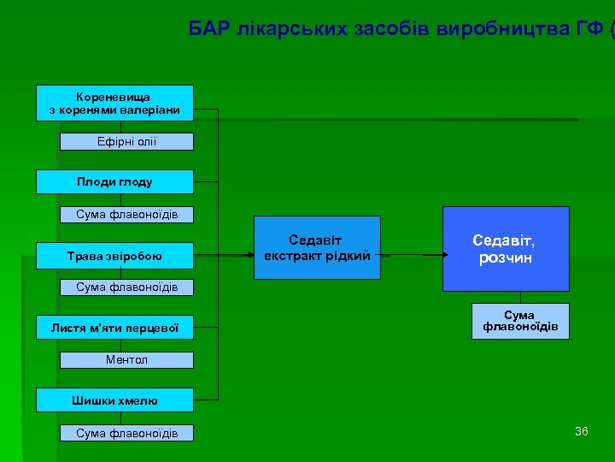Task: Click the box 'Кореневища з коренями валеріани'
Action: (115, 103)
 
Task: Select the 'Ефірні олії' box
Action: (126, 141)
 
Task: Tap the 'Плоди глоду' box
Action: (115, 181)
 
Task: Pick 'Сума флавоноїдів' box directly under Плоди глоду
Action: (126, 214)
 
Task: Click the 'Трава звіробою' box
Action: (115, 255)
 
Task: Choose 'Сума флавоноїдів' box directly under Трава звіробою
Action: (126, 287)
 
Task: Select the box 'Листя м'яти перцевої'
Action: (115, 326)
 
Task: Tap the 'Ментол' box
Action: (126, 359)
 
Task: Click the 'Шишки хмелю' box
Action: (115, 400)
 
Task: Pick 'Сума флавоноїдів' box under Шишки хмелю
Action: (126, 433)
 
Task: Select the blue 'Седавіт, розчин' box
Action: (506, 249)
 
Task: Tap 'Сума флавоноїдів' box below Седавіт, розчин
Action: (520, 322)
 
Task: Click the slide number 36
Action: (582, 431)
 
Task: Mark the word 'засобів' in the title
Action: (387, 29)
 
